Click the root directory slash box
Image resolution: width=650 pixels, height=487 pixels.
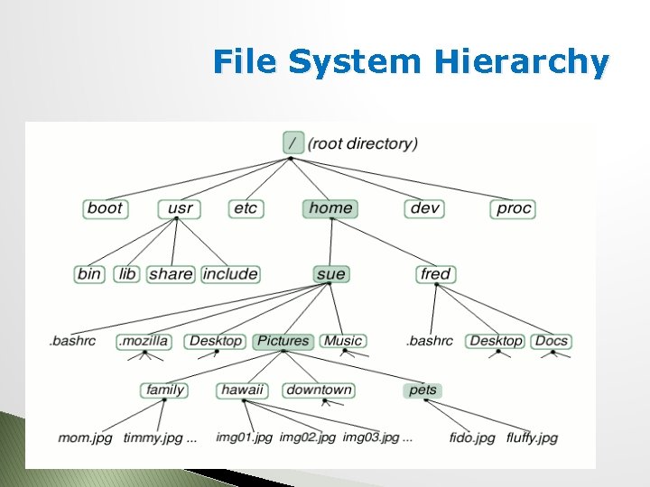[292, 142]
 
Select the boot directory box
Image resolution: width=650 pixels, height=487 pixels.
[105, 208]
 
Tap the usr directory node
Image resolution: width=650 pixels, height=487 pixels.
[181, 208]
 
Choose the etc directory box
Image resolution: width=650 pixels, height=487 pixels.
[246, 208]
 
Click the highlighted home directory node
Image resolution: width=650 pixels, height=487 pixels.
[330, 208]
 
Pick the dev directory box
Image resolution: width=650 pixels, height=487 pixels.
[424, 208]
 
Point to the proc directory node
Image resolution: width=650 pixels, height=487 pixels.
[514, 208]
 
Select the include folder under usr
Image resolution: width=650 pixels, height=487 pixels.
[230, 274]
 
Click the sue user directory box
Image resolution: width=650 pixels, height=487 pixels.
[330, 274]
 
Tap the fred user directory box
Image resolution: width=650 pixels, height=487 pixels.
[436, 274]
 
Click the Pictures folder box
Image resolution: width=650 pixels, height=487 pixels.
[283, 341]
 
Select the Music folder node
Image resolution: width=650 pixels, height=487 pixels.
[343, 341]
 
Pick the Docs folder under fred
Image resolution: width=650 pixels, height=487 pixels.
[551, 341]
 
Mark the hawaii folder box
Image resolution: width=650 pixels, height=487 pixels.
[243, 391]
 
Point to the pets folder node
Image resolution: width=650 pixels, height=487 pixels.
[422, 391]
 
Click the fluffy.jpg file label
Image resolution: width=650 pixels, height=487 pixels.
[532, 438]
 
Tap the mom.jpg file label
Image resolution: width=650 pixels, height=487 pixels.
[85, 438]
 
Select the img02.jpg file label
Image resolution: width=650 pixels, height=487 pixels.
[307, 438]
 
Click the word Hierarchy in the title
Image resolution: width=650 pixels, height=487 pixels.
[522, 62]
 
